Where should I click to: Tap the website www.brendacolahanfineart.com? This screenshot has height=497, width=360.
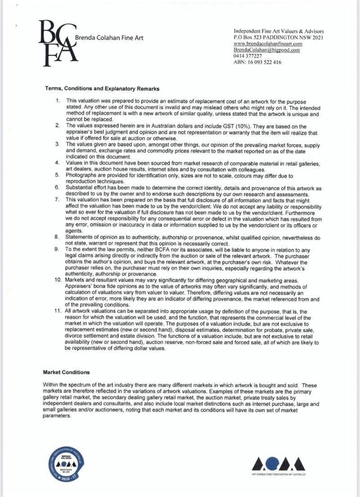coord(267,45)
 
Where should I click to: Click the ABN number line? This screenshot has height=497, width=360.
coord(257,63)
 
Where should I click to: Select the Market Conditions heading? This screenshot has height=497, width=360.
coord(66,372)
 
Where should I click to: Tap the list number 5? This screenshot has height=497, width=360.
coord(58,175)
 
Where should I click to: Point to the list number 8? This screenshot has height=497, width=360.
coord(58,237)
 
